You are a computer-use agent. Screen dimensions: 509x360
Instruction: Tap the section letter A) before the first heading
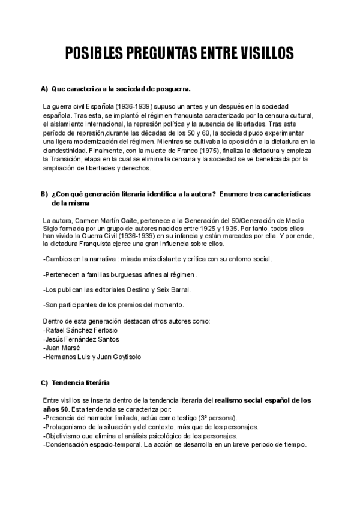coord(44,89)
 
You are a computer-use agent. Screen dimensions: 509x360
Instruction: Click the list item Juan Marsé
coord(62,348)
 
